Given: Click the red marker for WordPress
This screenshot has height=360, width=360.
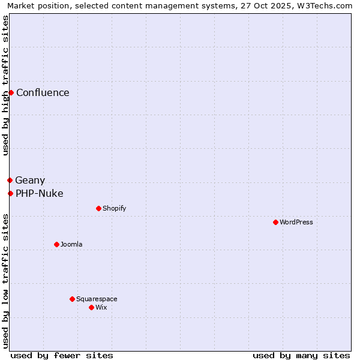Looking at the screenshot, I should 275,222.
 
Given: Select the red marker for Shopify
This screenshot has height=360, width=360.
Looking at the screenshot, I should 98,208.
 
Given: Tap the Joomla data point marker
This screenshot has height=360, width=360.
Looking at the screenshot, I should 56,244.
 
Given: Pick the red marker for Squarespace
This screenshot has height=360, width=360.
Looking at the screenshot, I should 72,299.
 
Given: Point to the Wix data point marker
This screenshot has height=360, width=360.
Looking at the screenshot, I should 91,307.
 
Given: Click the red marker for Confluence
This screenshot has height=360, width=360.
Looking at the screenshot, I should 11,92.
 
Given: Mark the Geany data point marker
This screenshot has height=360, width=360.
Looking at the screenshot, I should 10,180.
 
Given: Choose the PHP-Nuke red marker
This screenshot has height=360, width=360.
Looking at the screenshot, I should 10,193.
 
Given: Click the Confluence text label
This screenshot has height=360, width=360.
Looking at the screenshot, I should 43,92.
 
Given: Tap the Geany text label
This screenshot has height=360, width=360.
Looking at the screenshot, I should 30,180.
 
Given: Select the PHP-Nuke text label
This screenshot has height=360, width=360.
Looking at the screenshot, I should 40,193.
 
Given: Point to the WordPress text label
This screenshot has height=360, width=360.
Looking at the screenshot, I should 296,222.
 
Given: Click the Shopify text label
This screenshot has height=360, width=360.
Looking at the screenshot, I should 114,208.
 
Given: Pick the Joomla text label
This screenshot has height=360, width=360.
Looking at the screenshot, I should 71,244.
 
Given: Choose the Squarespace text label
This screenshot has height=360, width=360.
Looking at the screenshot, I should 97,299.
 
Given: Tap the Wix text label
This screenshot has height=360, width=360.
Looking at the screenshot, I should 101,307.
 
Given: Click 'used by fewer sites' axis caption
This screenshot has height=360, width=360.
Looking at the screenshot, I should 62,355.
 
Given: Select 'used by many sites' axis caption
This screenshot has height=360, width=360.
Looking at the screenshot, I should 301,355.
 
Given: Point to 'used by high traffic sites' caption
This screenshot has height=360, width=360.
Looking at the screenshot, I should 5,85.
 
